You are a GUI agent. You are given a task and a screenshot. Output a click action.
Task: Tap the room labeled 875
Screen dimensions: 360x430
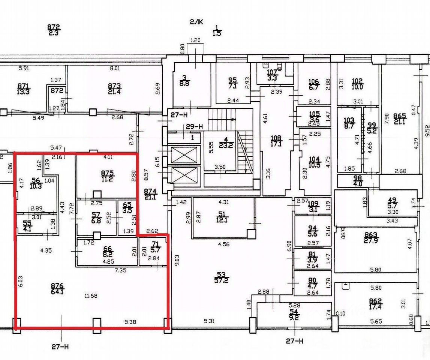point(107,173)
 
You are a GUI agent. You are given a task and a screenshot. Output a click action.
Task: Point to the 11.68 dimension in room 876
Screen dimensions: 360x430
point(91,296)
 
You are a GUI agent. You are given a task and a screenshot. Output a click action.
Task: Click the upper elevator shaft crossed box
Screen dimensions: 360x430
point(184,155)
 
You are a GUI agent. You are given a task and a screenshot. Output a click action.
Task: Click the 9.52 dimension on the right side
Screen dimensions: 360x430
point(427,131)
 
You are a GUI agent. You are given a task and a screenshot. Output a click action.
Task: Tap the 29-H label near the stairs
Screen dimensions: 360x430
point(194,127)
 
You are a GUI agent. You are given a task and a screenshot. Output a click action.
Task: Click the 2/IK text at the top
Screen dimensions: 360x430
point(196,22)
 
